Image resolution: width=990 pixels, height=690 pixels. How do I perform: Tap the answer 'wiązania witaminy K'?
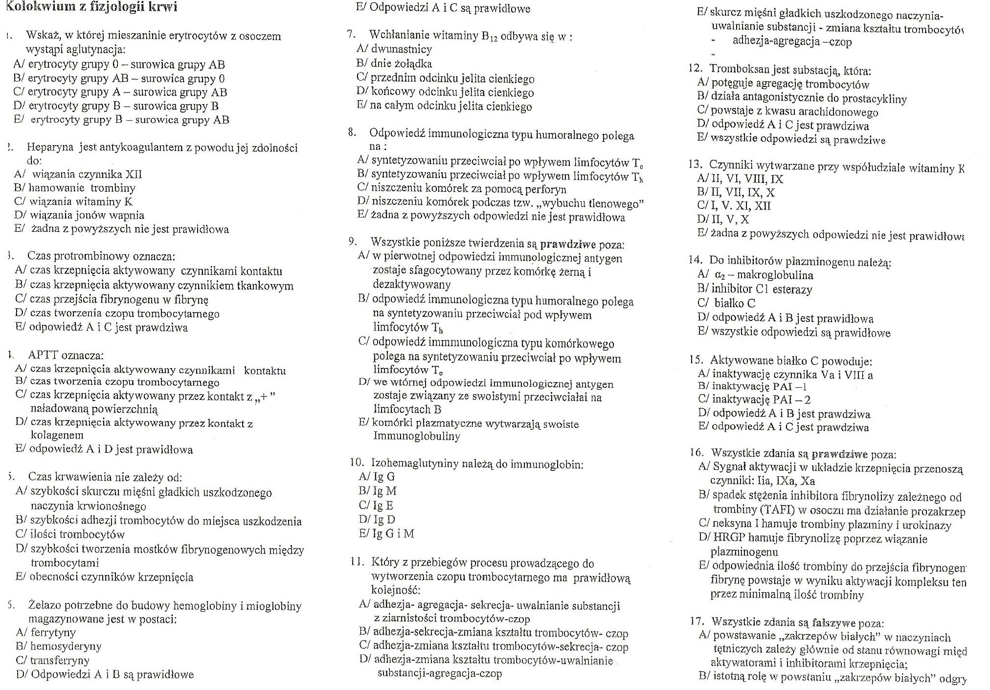pos(81,201)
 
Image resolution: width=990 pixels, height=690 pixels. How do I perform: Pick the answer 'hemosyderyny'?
pos(66,646)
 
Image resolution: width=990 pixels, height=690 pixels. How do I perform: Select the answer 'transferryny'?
pos(60,660)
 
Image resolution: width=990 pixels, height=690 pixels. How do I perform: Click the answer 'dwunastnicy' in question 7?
pos(401,49)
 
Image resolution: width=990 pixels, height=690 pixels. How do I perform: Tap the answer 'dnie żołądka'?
pos(401,64)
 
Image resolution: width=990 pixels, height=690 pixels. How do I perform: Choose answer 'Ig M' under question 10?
pos(384,491)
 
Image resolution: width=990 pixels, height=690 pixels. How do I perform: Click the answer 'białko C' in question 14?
pos(734,303)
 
